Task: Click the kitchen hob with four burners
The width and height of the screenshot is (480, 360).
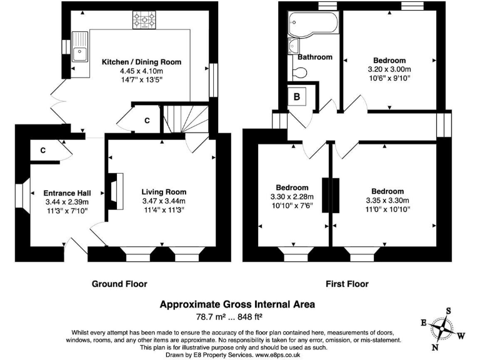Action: click(144, 22)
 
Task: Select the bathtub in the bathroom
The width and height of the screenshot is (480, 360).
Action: click(312, 24)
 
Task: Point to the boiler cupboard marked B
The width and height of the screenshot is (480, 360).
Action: click(297, 97)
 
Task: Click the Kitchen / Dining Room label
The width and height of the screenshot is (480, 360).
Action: click(141, 62)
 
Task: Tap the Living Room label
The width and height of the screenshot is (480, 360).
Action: click(164, 192)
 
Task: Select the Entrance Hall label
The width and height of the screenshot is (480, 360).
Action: click(67, 192)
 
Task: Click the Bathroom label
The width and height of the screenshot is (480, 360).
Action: click(314, 57)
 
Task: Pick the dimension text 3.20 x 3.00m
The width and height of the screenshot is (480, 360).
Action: click(390, 70)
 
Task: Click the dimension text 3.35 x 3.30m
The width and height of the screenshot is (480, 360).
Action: click(387, 201)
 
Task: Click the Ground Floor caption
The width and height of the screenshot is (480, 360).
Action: click(119, 284)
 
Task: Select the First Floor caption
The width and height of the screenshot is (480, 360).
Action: click(347, 284)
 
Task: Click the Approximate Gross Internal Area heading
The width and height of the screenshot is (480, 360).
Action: click(237, 304)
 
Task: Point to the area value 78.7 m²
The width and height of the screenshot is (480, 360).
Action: click(214, 317)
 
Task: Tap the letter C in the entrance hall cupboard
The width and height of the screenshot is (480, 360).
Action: click(43, 150)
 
